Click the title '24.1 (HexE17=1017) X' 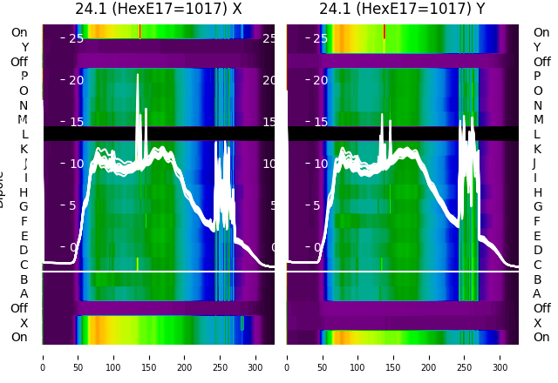pyautogui.click(x=158, y=10)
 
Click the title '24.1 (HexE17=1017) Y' pyautogui.click(x=403, y=10)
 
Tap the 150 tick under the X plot pyautogui.click(x=149, y=357)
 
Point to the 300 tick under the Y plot pyautogui.click(x=501, y=357)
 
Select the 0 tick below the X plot pyautogui.click(x=43, y=357)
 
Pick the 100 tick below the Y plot pyautogui.click(x=358, y=357)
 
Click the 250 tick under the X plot pyautogui.click(x=221, y=357)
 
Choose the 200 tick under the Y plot pyautogui.click(x=430, y=357)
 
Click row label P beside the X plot pyautogui.click(x=24, y=77)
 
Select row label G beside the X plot pyautogui.click(x=24, y=206)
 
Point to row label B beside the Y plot pyautogui.click(x=537, y=279)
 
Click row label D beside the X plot pyautogui.click(x=24, y=251)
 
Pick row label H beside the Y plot pyautogui.click(x=537, y=192)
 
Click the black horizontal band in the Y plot pyautogui.click(x=403, y=133)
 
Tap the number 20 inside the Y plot pyautogui.click(x=321, y=80)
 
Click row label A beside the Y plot pyautogui.click(x=537, y=293)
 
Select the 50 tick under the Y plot pyautogui.click(x=323, y=357)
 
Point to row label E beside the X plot pyautogui.click(x=24, y=236)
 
